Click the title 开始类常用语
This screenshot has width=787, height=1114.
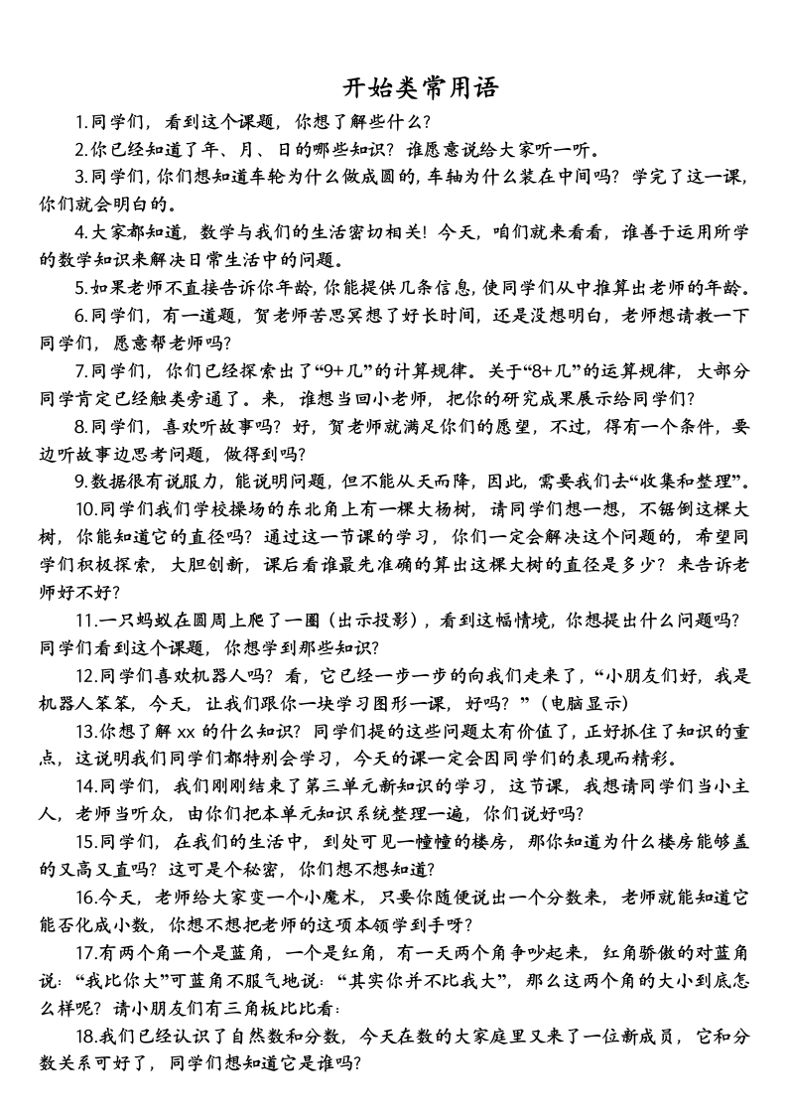point(421,87)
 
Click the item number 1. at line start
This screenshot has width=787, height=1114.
point(82,123)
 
